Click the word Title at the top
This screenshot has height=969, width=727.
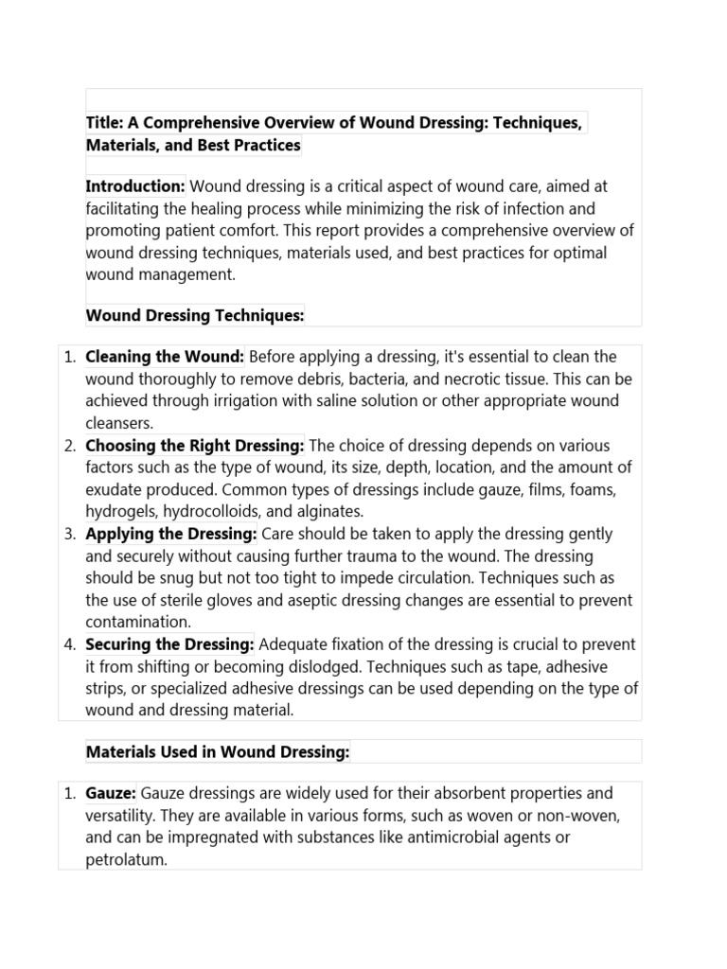click(104, 123)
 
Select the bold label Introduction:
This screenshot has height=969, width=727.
click(135, 186)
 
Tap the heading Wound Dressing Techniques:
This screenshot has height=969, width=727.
click(195, 315)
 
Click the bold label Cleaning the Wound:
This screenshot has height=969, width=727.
click(165, 357)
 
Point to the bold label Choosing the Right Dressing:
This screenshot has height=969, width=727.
click(195, 446)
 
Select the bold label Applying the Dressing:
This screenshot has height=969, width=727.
click(171, 534)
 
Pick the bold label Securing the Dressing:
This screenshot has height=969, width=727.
click(170, 644)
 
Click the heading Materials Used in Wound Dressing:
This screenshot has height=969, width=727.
click(218, 751)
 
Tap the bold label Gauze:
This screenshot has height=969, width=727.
click(112, 793)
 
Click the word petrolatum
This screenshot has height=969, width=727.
click(125, 860)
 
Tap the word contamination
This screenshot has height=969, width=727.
click(137, 623)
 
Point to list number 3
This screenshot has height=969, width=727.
click(70, 534)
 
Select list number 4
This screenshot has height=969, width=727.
click(70, 644)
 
